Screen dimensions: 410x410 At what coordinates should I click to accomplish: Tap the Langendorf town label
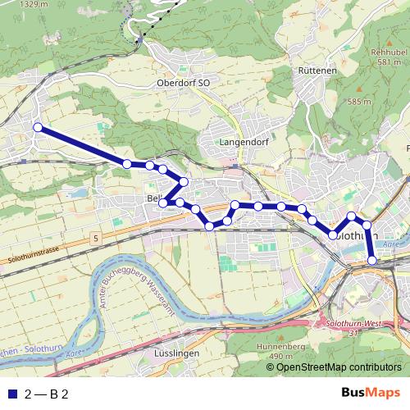point(239,141)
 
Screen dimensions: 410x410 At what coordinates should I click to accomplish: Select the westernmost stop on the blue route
point(37,126)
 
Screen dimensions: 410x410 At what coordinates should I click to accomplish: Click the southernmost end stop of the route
point(372,260)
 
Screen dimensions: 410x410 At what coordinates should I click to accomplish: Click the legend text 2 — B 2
point(47,394)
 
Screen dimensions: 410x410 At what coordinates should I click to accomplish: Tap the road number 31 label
point(353,333)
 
